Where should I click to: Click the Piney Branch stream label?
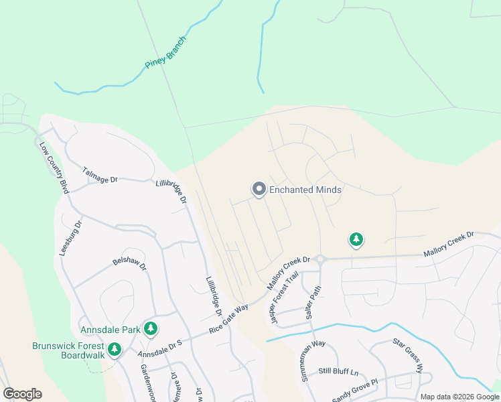point(165,52)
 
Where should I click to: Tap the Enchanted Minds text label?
point(305,190)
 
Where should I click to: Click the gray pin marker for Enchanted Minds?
point(259,190)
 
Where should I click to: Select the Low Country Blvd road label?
point(54,167)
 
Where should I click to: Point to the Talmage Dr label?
point(100,176)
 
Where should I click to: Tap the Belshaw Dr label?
point(129,262)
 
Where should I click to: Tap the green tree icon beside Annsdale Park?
point(152,328)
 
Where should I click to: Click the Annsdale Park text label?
point(111,330)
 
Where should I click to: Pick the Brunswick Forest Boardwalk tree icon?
point(115,348)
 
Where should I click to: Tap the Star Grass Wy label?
point(408,355)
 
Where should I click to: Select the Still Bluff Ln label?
point(338,371)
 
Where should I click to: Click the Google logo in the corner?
point(22,394)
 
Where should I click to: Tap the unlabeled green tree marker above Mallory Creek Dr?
point(356,239)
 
